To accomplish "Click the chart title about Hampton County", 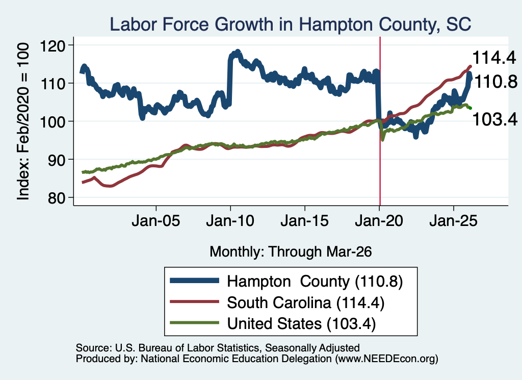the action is [290, 24].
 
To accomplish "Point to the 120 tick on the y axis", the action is [53, 45].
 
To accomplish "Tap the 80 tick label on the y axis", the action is [57, 198].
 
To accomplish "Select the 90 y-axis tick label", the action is [57, 160].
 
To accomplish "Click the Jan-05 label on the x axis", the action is [156, 221].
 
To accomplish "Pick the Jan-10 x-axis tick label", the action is [230, 221].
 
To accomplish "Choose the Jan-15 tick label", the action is [305, 221].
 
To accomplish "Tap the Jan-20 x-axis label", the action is [379, 221].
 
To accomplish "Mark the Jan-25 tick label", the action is [453, 221].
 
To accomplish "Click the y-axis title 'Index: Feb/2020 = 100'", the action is [23, 121].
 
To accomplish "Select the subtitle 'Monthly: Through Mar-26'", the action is [291, 252].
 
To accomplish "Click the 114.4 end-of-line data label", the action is [494, 58].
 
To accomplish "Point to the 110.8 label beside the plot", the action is [495, 82].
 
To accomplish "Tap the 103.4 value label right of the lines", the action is [495, 119].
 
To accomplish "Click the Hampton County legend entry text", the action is [315, 282].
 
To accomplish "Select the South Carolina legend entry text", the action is [306, 303].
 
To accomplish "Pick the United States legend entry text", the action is [301, 324].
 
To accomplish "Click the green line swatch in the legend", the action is [194, 323].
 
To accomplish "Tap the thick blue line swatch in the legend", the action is [194, 281].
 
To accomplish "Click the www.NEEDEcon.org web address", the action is [386, 359].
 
